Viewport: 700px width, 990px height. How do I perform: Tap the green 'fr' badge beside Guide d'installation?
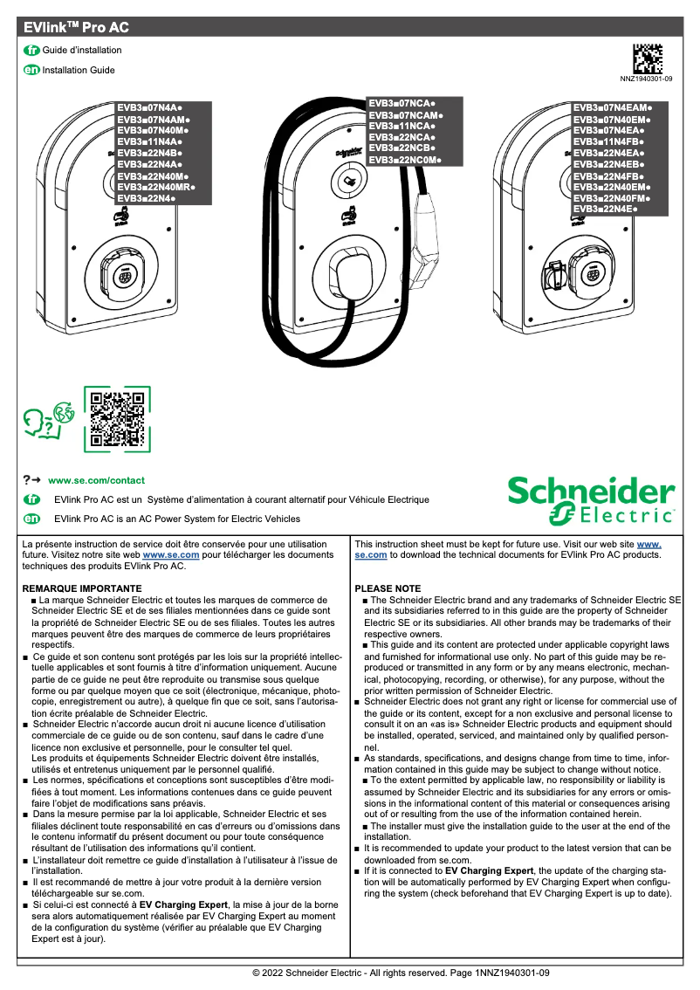pos(31,51)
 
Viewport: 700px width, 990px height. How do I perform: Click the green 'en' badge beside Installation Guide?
pos(31,70)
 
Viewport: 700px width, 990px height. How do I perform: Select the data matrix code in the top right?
pos(647,58)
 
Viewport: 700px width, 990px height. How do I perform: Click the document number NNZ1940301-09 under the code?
pos(646,79)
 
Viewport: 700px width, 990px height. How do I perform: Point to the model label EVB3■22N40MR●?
pos(156,187)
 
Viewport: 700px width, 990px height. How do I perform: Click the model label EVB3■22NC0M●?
pos(405,161)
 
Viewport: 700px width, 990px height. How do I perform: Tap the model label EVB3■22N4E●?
pos(606,210)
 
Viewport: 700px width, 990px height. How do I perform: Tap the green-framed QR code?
pos(117,420)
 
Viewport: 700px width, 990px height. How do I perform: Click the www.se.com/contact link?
pos(96,480)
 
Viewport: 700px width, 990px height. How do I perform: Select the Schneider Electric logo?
pos(592,500)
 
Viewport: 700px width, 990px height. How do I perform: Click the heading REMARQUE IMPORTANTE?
pos(81,589)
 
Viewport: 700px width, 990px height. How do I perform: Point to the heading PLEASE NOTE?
pos(388,589)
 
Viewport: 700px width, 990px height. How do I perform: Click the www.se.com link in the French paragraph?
pos(171,554)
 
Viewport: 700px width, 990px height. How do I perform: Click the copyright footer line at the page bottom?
pos(401,972)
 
